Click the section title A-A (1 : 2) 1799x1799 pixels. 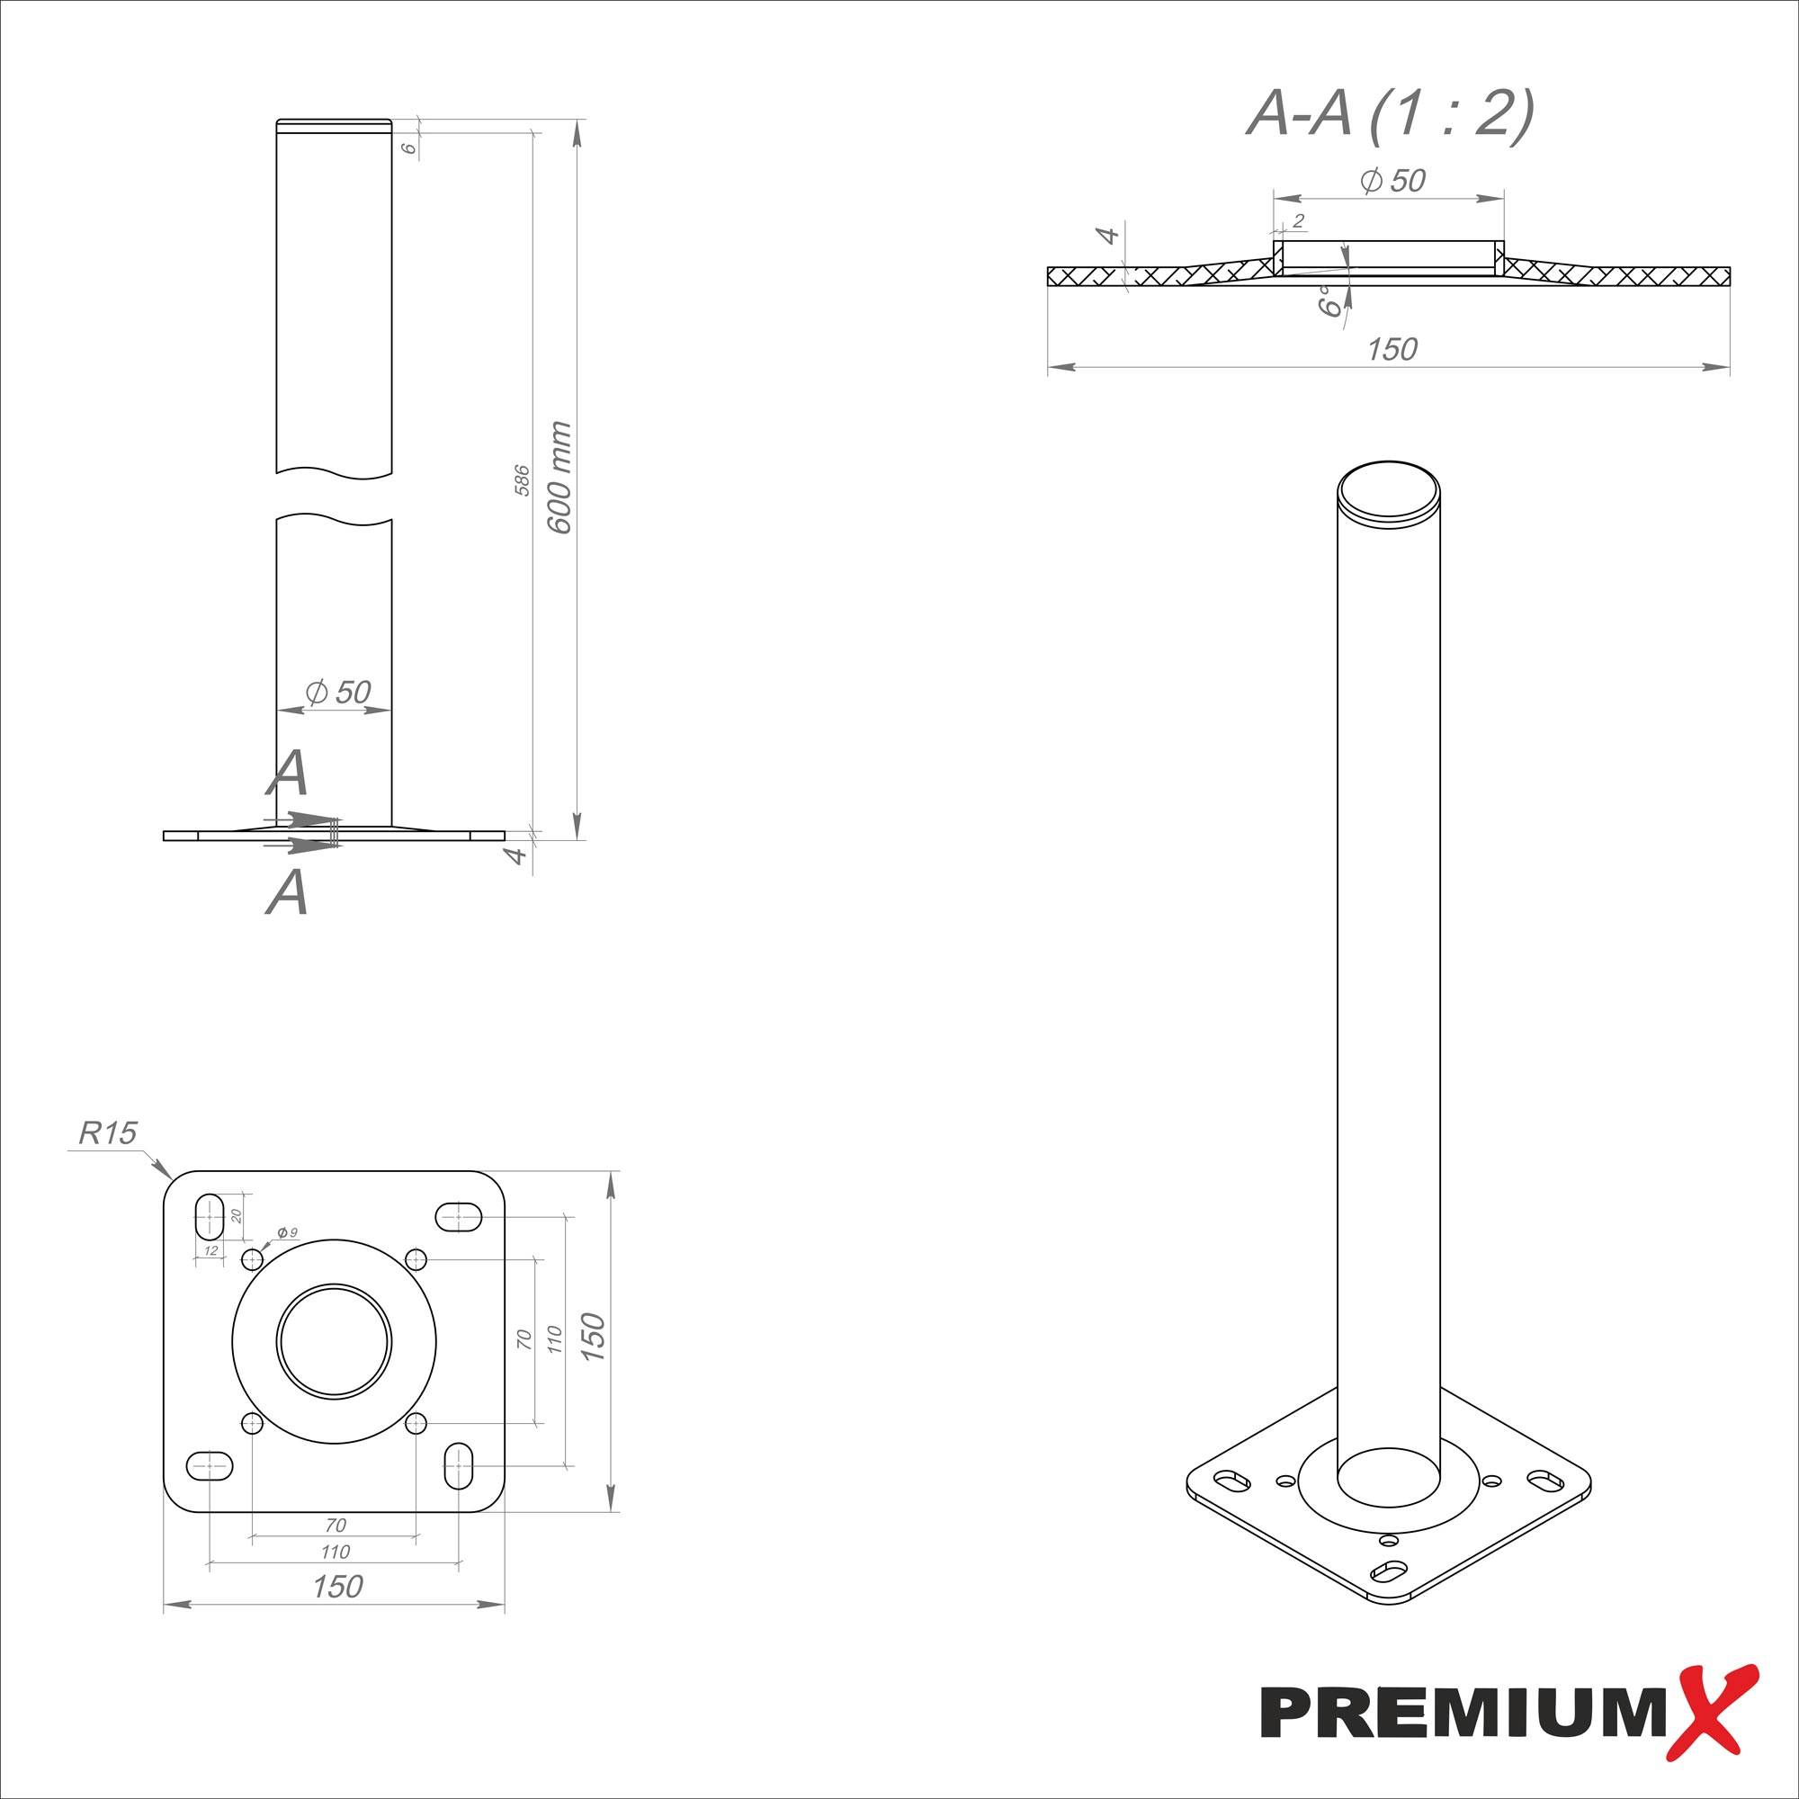click(1390, 115)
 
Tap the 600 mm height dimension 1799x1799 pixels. click(559, 477)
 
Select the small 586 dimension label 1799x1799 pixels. click(523, 479)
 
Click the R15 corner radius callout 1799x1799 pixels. click(108, 1132)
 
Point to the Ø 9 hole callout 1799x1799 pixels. click(287, 1233)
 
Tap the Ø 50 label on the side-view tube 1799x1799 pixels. click(338, 692)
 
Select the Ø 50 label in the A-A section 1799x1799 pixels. click(1392, 180)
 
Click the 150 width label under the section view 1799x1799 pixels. click(1392, 349)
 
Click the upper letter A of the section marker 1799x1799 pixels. click(287, 773)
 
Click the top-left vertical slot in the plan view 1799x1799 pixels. click(210, 1216)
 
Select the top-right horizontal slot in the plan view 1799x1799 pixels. click(459, 1216)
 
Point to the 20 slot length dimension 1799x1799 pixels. click(236, 1216)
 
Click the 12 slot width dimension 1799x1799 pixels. click(210, 1250)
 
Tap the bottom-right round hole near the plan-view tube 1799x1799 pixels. click(416, 1424)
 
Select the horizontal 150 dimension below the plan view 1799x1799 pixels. click(337, 1587)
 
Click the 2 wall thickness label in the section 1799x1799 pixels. click(1298, 220)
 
